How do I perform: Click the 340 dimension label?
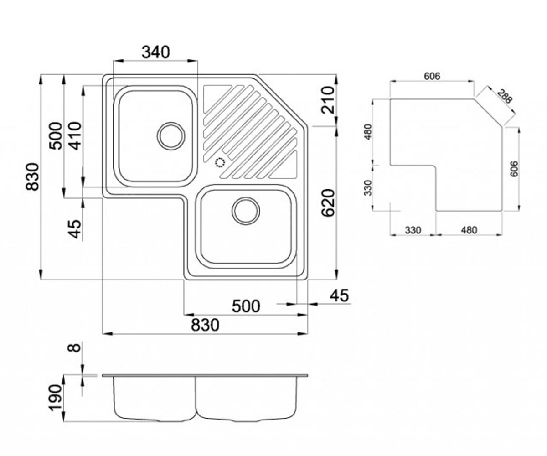click(x=156, y=52)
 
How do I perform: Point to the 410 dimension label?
click(x=76, y=136)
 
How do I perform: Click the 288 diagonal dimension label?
click(x=504, y=96)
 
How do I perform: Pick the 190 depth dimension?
click(x=55, y=398)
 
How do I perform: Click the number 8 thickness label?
click(x=74, y=348)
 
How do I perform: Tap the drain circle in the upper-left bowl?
click(x=171, y=136)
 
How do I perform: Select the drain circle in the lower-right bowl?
click(x=246, y=211)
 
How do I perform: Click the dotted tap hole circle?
click(x=220, y=162)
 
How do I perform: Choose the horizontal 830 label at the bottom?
click(x=205, y=325)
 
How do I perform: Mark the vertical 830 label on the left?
click(x=33, y=176)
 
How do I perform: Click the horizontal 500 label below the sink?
click(x=246, y=306)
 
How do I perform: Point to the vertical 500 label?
click(x=56, y=136)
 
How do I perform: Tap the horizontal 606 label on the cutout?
click(x=432, y=76)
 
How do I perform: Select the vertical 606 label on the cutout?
click(x=514, y=169)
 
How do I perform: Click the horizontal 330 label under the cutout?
click(x=413, y=230)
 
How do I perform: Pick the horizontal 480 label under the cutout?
click(x=469, y=230)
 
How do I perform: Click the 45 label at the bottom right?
click(x=339, y=295)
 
